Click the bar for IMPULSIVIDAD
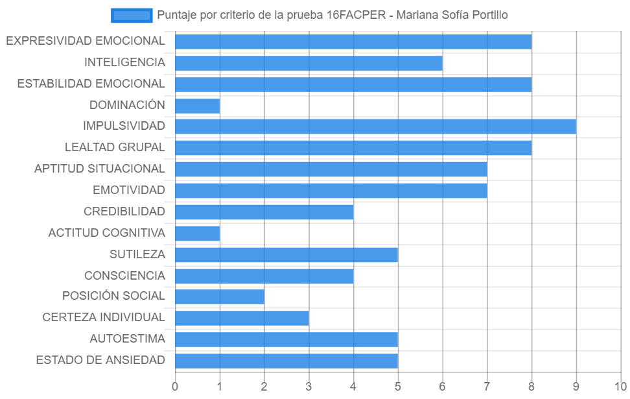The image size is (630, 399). point(376,127)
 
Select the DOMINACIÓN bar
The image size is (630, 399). point(198,106)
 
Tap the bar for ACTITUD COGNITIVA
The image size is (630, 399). point(198,234)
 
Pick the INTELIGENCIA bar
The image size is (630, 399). point(309,63)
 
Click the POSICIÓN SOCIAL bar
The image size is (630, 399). point(220,297)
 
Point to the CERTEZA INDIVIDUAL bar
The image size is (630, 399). point(242,318)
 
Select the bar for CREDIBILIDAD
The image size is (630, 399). point(264,212)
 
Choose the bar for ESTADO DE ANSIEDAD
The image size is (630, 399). point(286,361)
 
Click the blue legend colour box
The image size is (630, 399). point(132,16)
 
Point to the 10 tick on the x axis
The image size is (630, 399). point(620,387)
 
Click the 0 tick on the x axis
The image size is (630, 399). point(175,387)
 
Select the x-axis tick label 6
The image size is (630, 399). point(443,387)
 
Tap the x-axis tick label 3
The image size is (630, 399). point(309,387)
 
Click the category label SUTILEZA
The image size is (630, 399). point(137,254)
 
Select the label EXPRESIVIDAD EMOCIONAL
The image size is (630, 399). point(85,41)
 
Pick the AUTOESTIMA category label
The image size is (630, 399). point(128,339)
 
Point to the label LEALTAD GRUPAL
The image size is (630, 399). point(115,148)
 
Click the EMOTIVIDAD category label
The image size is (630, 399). point(129,190)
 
